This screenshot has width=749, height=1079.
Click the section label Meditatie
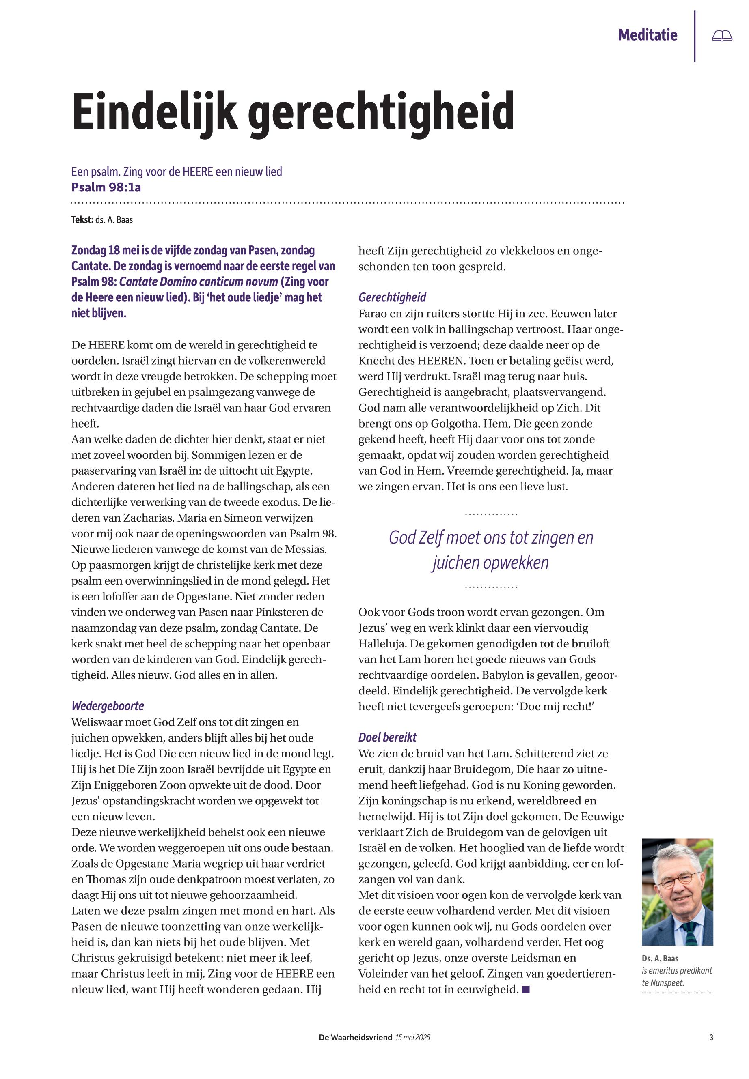(647, 35)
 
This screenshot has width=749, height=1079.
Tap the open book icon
(722, 36)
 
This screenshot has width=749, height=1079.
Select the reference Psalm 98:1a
(106, 187)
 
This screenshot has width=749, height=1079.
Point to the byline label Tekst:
(82, 220)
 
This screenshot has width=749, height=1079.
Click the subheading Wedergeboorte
(108, 706)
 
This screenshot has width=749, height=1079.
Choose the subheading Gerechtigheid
(392, 297)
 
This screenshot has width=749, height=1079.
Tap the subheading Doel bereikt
(387, 737)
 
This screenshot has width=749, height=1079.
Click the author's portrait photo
(677, 892)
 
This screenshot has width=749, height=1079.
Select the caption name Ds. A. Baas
(660, 959)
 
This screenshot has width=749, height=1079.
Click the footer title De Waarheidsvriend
(355, 1038)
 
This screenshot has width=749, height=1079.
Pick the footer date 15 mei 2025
(412, 1038)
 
